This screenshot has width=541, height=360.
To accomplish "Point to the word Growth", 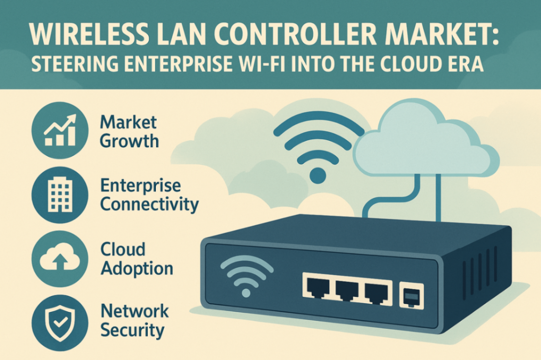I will pos(129,141).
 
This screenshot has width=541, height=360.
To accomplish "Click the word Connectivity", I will pos(149,204).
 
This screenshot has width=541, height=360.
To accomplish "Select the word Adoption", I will pos(137,268).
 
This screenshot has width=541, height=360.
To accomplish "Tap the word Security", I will pos(132,330).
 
